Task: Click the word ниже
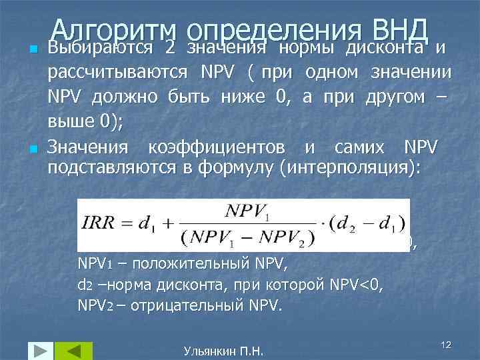pos(244,97)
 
